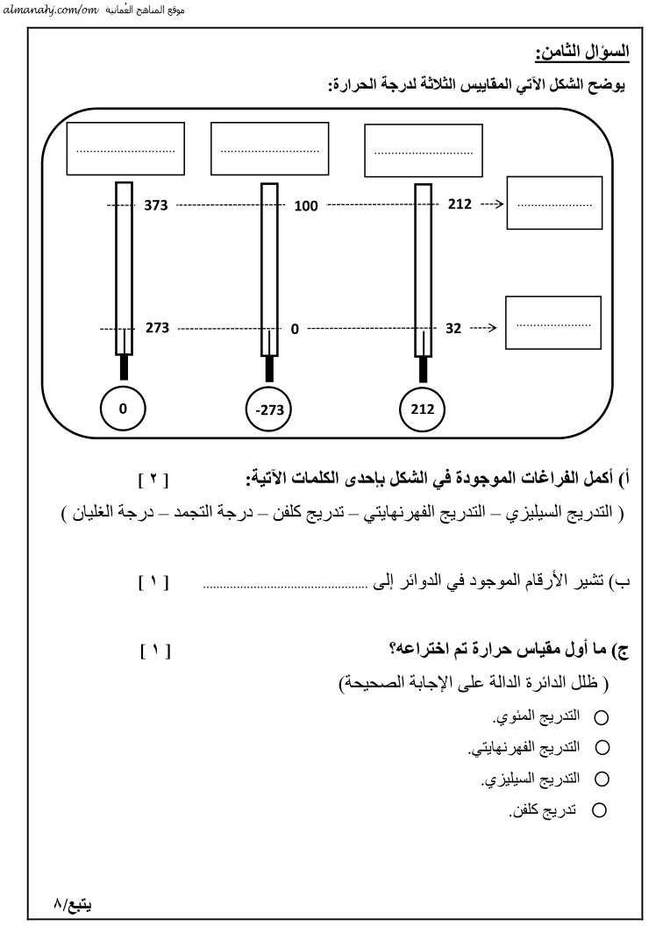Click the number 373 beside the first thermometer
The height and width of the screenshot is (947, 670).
[x=155, y=205]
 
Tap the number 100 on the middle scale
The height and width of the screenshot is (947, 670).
[x=305, y=206]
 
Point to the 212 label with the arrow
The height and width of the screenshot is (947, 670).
[x=460, y=205]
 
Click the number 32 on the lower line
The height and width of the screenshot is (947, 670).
[x=453, y=329]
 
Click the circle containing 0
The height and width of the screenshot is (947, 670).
[x=124, y=408]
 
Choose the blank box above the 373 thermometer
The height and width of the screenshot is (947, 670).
[x=125, y=149]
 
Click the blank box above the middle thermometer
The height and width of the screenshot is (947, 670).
[x=270, y=149]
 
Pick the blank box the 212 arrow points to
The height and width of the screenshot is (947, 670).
[x=554, y=203]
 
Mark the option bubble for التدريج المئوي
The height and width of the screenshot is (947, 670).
[x=601, y=718]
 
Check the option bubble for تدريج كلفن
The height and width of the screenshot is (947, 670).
[x=601, y=810]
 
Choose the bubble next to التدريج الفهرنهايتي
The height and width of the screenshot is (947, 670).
[x=601, y=748]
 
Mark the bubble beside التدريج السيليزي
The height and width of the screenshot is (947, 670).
[x=601, y=779]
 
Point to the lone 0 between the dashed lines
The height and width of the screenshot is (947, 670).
[x=295, y=330]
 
